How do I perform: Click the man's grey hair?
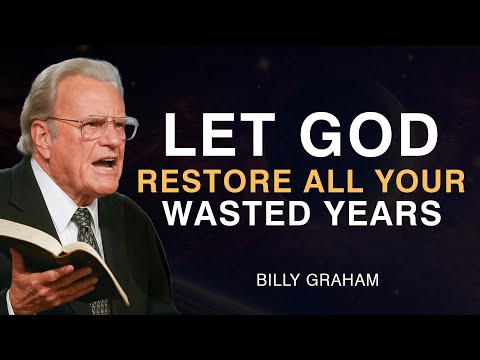coord(60,85)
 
